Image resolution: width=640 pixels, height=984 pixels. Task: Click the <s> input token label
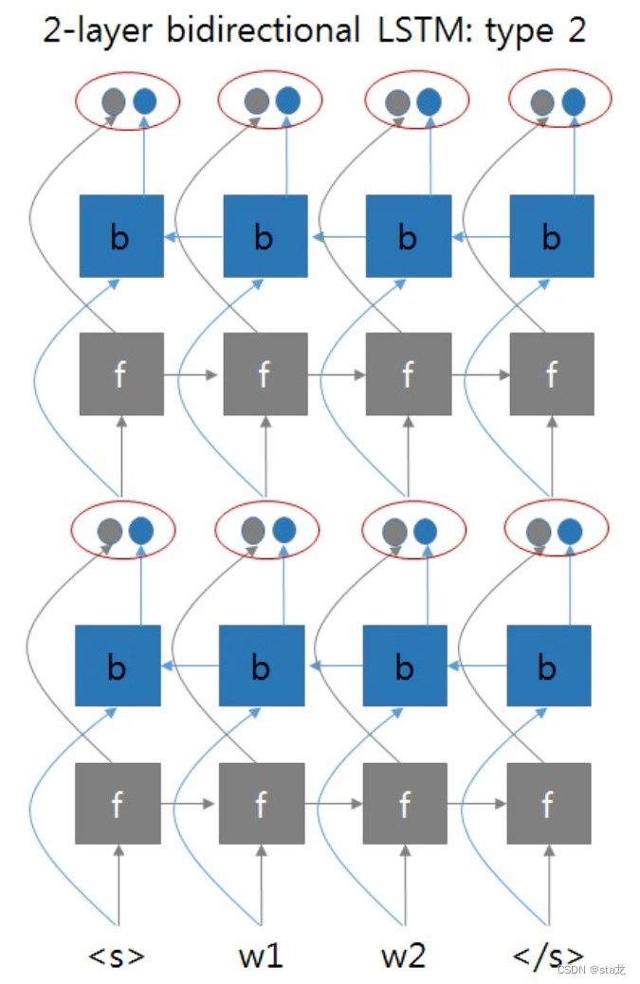pyautogui.click(x=118, y=955)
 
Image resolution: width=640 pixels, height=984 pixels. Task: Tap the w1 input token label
pyautogui.click(x=261, y=955)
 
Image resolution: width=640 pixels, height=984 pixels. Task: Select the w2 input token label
pyautogui.click(x=404, y=955)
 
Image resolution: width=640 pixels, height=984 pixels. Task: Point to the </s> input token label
pyautogui.click(x=547, y=955)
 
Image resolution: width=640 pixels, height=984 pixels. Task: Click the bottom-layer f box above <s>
pyautogui.click(x=117, y=804)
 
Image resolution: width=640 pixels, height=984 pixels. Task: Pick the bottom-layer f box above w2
pyautogui.click(x=405, y=804)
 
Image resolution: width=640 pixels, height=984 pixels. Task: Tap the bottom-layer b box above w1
pyautogui.click(x=261, y=666)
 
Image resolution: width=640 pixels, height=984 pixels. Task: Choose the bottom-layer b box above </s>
pyautogui.click(x=548, y=666)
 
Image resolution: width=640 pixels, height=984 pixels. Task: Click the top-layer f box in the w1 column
pyautogui.click(x=265, y=374)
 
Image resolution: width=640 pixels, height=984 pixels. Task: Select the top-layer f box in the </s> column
pyautogui.click(x=552, y=374)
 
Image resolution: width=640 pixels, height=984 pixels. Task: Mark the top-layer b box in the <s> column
pyautogui.click(x=120, y=236)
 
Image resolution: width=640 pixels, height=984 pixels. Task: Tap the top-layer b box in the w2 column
pyautogui.click(x=408, y=236)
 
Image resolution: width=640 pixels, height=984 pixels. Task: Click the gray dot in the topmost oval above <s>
pyautogui.click(x=113, y=100)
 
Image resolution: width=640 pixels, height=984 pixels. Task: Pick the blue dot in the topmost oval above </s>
pyautogui.click(x=573, y=100)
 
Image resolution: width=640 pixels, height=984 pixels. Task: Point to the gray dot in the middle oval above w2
pyautogui.click(x=394, y=531)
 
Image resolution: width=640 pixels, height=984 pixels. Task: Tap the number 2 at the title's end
pyautogui.click(x=576, y=30)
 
